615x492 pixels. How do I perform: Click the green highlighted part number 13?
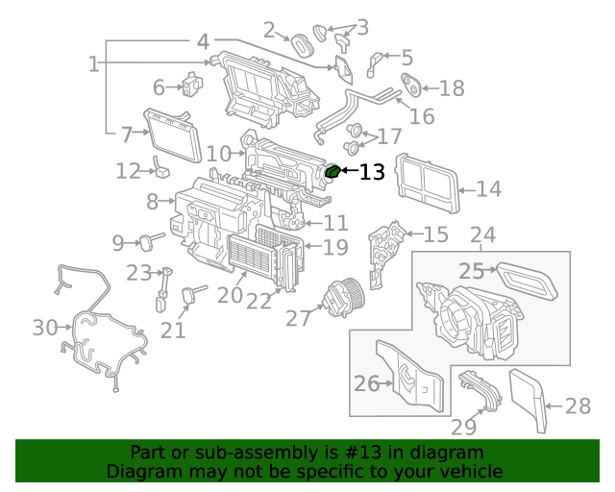[333, 172]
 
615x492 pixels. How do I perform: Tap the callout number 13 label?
[371, 173]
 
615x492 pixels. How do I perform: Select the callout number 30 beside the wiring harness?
[45, 328]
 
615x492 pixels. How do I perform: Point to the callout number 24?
[482, 235]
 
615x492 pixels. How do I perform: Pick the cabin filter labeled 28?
[529, 400]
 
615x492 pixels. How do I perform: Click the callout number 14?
[488, 189]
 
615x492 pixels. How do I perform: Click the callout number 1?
[93, 64]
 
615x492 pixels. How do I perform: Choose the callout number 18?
[451, 88]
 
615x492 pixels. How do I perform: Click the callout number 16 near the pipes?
[422, 116]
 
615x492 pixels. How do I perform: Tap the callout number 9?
[118, 242]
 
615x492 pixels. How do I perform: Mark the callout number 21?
[173, 331]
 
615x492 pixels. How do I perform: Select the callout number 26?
[366, 384]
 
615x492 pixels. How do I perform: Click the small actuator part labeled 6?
[192, 86]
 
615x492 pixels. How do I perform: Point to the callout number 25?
[471, 271]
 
